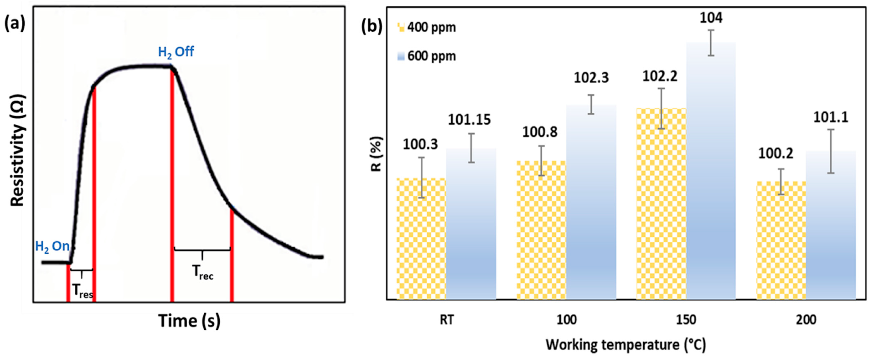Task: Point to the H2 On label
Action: point(53,247)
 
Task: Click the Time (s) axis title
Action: point(190,321)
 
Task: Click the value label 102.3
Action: point(591,78)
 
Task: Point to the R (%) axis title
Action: point(377,154)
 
